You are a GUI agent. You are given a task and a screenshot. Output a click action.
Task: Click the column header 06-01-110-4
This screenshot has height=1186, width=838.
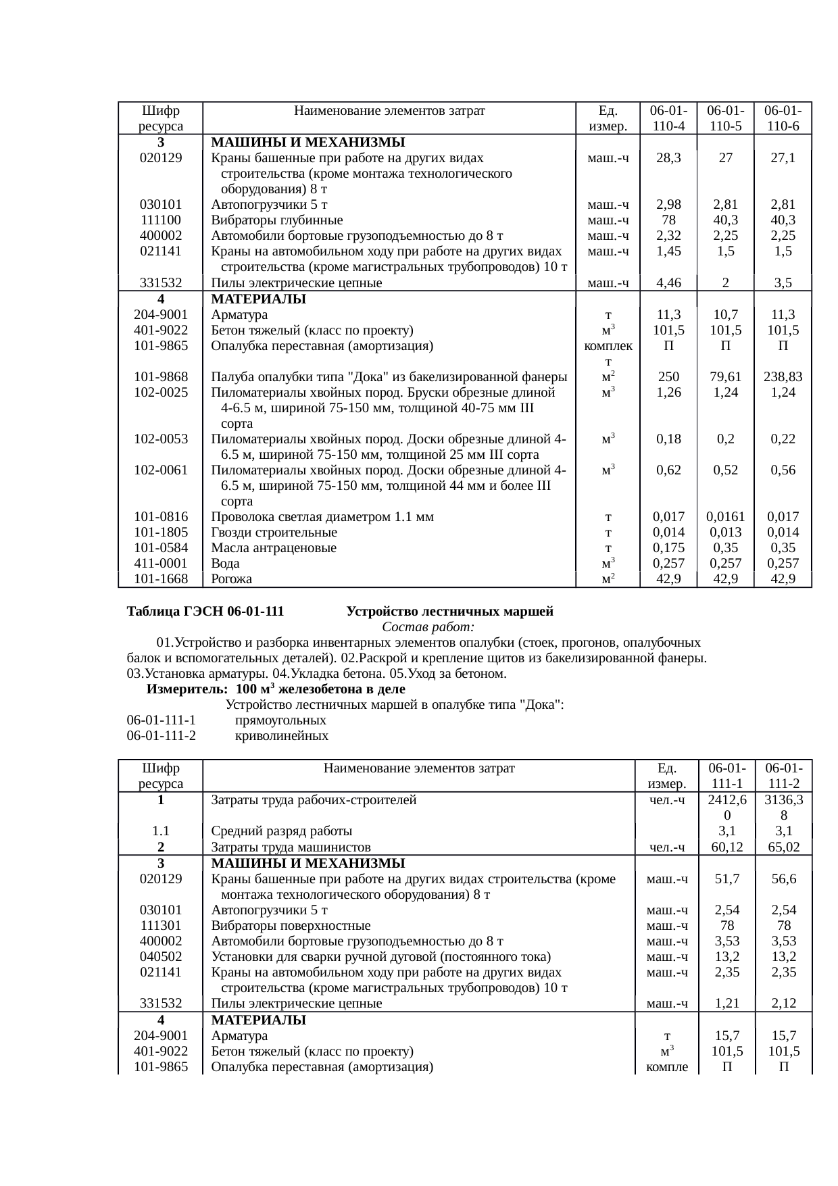coord(668,118)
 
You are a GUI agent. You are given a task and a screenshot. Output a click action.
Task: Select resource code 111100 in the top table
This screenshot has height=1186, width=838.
coord(161,220)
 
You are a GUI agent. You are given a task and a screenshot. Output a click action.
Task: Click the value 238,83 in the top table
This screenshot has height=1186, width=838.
coord(783,377)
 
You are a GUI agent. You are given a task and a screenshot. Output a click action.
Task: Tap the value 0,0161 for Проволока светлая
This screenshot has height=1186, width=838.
coord(725,518)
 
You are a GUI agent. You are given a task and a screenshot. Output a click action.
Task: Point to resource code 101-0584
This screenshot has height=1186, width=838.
coord(161,548)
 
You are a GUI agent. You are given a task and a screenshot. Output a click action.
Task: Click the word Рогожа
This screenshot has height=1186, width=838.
coord(231,579)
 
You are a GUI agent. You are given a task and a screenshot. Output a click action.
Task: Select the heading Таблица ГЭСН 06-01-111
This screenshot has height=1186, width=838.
coord(205,612)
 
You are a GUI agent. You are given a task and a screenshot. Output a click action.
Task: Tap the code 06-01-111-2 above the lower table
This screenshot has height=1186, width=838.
coord(161,736)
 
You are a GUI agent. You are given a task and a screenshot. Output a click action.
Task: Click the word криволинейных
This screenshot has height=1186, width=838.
coord(281,736)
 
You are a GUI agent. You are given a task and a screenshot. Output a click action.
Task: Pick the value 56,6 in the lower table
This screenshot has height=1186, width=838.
coord(783,879)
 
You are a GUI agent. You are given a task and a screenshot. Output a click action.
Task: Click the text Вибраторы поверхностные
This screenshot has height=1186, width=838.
coord(291,926)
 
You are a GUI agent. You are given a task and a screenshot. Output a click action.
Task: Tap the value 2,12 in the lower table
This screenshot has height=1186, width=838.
coord(783,1004)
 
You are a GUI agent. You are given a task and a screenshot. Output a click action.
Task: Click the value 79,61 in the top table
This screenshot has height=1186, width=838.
coord(725,377)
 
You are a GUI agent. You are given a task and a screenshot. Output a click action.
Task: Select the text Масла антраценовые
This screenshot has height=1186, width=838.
coord(274,548)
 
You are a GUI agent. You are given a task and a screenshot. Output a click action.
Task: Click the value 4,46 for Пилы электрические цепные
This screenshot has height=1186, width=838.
coord(668,284)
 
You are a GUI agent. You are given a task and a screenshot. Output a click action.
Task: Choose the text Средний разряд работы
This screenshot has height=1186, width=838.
coord(281,831)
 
